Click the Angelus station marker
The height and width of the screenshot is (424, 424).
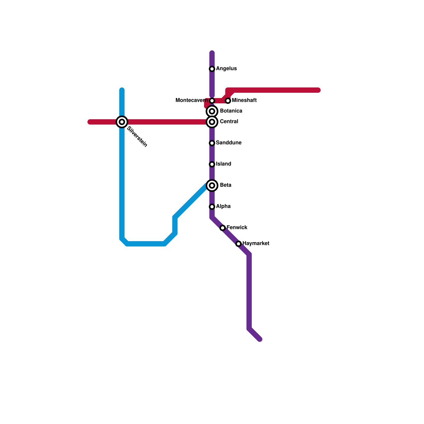pos(212,69)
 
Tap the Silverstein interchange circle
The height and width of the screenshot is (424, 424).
pos(122,122)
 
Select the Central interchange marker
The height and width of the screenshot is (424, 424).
pos(212,122)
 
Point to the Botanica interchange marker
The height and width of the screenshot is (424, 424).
pos(212,111)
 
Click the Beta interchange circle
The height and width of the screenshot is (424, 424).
pos(212,185)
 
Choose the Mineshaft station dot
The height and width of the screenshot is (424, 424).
pos(228,101)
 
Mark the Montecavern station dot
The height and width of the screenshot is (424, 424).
pos(212,101)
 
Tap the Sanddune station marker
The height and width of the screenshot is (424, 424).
pos(212,143)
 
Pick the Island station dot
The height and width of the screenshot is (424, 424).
pos(212,164)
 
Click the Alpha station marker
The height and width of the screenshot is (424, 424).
pos(212,207)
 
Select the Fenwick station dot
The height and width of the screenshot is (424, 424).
pos(223,228)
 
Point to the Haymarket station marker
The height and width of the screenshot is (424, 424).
pos(238,244)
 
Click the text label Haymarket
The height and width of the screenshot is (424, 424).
pos(256,243)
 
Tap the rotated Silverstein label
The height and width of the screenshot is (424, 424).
pos(137,137)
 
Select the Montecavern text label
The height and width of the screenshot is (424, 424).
pos(192,100)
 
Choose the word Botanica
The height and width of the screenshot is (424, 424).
pos(231,111)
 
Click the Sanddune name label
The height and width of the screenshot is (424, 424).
pos(229,143)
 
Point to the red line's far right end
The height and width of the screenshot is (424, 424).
pos(319,90)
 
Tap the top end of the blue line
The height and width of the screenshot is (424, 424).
pos(122,90)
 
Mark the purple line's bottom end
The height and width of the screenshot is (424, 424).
pos(260,339)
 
